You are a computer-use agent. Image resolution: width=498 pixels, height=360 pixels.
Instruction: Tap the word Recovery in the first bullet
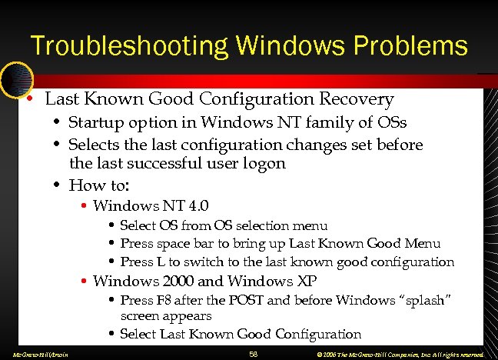coord(359,100)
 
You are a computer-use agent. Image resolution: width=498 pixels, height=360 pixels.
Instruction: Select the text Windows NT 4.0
coord(151,205)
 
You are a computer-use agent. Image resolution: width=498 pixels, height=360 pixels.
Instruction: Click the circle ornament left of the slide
coord(15,79)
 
